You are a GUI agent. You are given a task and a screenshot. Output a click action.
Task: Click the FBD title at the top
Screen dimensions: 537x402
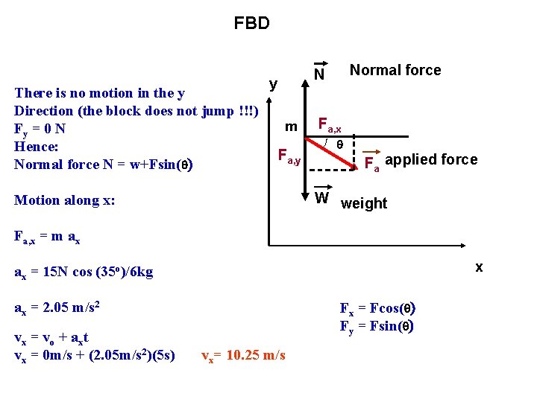tap(251, 24)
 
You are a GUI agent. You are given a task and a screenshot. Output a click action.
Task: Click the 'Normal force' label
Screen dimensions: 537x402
tap(395, 70)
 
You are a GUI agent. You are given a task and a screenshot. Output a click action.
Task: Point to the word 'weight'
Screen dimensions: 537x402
tap(364, 203)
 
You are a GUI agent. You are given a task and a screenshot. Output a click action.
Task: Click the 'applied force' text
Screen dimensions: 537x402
tap(432, 159)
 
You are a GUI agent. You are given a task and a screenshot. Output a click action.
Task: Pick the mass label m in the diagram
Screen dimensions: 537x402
tap(292, 127)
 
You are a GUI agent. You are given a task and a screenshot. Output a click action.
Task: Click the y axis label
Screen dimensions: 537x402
tap(274, 84)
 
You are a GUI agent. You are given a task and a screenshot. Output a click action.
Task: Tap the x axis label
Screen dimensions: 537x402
tap(479, 267)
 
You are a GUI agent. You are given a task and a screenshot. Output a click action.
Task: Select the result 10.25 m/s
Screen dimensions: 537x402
tap(243, 355)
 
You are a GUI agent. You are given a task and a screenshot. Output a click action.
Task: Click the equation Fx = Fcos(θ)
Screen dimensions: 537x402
tap(377, 309)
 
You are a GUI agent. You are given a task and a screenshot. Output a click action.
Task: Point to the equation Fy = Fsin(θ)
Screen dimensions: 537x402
tap(377, 325)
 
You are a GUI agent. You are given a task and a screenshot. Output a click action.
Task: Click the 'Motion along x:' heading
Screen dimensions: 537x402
tap(65, 200)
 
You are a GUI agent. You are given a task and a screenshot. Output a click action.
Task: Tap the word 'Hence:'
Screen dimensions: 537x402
tap(36, 146)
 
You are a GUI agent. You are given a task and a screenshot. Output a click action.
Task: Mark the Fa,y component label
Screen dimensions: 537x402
tap(289, 157)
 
